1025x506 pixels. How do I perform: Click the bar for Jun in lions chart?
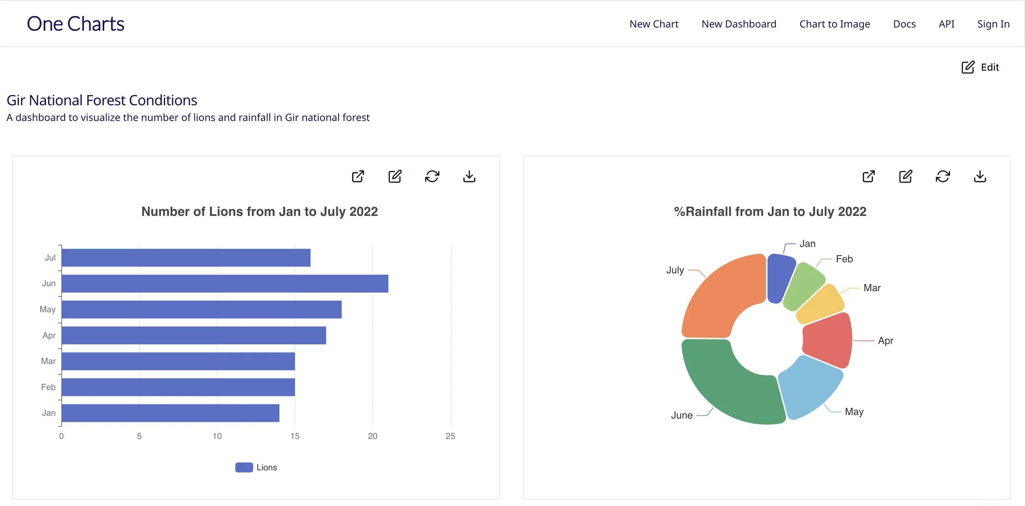point(225,283)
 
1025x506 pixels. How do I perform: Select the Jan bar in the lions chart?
point(170,413)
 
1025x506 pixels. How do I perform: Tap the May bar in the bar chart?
point(202,309)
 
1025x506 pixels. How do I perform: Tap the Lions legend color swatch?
point(244,467)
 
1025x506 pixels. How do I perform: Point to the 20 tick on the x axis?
point(372,436)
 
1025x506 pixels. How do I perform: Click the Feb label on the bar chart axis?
point(48,387)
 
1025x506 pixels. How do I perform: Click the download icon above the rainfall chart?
point(980,176)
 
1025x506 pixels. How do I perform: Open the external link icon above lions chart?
point(358,176)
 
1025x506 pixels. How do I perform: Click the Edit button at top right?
point(980,67)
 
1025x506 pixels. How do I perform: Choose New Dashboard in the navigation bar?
point(739,24)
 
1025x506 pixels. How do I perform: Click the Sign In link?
point(993,24)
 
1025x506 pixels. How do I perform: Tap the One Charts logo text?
point(76,24)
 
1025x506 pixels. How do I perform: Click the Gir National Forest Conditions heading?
point(102,100)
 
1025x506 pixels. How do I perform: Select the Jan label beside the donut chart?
point(807,244)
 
